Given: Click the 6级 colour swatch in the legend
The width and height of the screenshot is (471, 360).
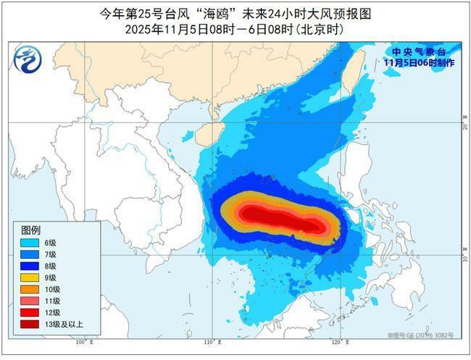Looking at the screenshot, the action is coord(30,243).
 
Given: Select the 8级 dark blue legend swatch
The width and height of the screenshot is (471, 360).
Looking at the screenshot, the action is coord(30,266).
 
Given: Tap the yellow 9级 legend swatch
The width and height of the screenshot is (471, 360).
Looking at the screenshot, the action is coord(30,277).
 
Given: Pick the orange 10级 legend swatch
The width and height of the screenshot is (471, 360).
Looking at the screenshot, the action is coord(30,289).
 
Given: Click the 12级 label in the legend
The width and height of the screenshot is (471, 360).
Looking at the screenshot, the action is coord(52,312).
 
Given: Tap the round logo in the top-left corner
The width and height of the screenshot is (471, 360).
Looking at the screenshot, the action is coord(28,56).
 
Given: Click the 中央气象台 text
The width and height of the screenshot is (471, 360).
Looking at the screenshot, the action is coord(420,52).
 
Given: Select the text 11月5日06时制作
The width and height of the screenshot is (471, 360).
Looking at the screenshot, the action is coord(420,63).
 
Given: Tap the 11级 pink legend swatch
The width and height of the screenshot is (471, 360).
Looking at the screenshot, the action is coord(30,301).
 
